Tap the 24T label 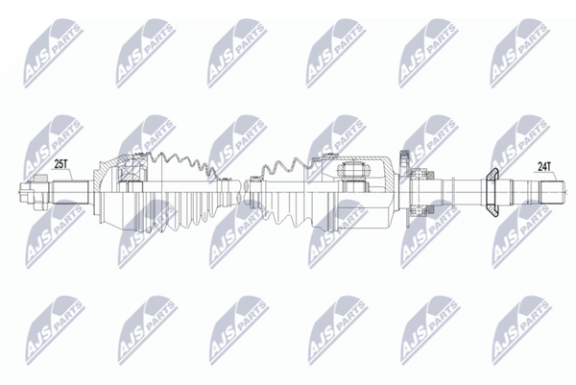[x=544, y=167]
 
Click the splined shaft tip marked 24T [x=551, y=192]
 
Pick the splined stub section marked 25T [x=70, y=191]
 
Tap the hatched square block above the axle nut [x=41, y=178]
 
